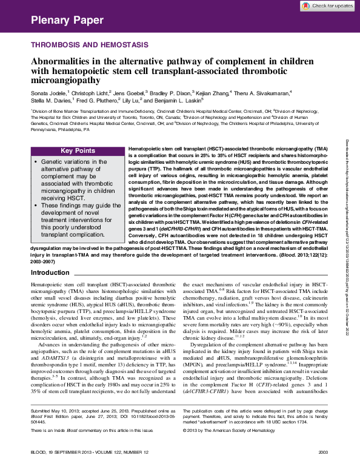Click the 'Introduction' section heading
coord(50,273)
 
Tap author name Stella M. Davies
coord(50,101)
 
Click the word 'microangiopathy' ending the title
coord(66,79)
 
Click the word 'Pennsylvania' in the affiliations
coord(44,130)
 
